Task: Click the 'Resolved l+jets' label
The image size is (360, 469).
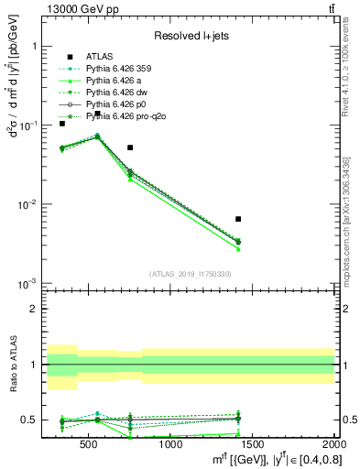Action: coord(188,37)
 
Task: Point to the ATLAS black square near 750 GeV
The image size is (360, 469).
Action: coord(130,147)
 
